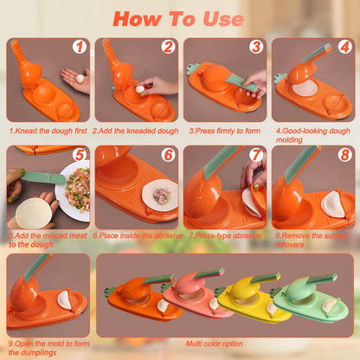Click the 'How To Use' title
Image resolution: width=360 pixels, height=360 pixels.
[x=179, y=17]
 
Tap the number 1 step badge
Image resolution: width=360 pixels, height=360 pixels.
[x=79, y=48]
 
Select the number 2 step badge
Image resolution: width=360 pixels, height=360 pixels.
[x=167, y=48]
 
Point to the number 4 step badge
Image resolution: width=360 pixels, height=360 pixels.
[x=344, y=48]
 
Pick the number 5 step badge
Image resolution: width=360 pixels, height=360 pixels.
[x=79, y=155]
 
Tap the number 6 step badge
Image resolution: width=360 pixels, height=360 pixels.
[x=167, y=155]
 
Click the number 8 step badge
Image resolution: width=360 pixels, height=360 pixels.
[x=344, y=155]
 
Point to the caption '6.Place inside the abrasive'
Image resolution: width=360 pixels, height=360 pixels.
[x=136, y=235]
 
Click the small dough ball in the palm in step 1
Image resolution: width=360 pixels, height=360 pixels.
[x=80, y=78]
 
